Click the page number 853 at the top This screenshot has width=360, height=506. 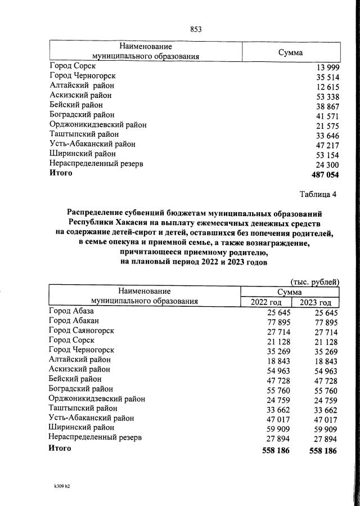click(195, 30)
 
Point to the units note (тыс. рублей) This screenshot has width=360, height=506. click(314, 281)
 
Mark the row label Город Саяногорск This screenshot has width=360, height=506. click(82, 330)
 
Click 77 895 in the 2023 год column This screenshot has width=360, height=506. click(323, 322)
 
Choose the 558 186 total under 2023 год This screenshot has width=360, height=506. click(323, 450)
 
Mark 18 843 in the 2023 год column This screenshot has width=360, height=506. click(323, 360)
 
